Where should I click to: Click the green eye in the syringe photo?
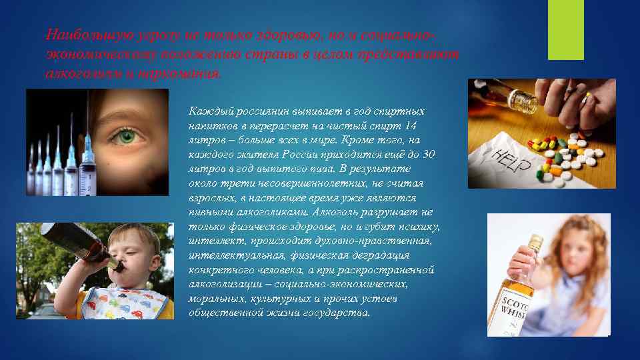tap(121, 137)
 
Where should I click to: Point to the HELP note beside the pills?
tap(506, 159)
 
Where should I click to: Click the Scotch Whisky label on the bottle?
tap(516, 309)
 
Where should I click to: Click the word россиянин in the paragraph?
tap(255, 111)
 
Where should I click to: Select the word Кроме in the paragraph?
tap(362, 140)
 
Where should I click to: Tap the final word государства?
tap(336, 313)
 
